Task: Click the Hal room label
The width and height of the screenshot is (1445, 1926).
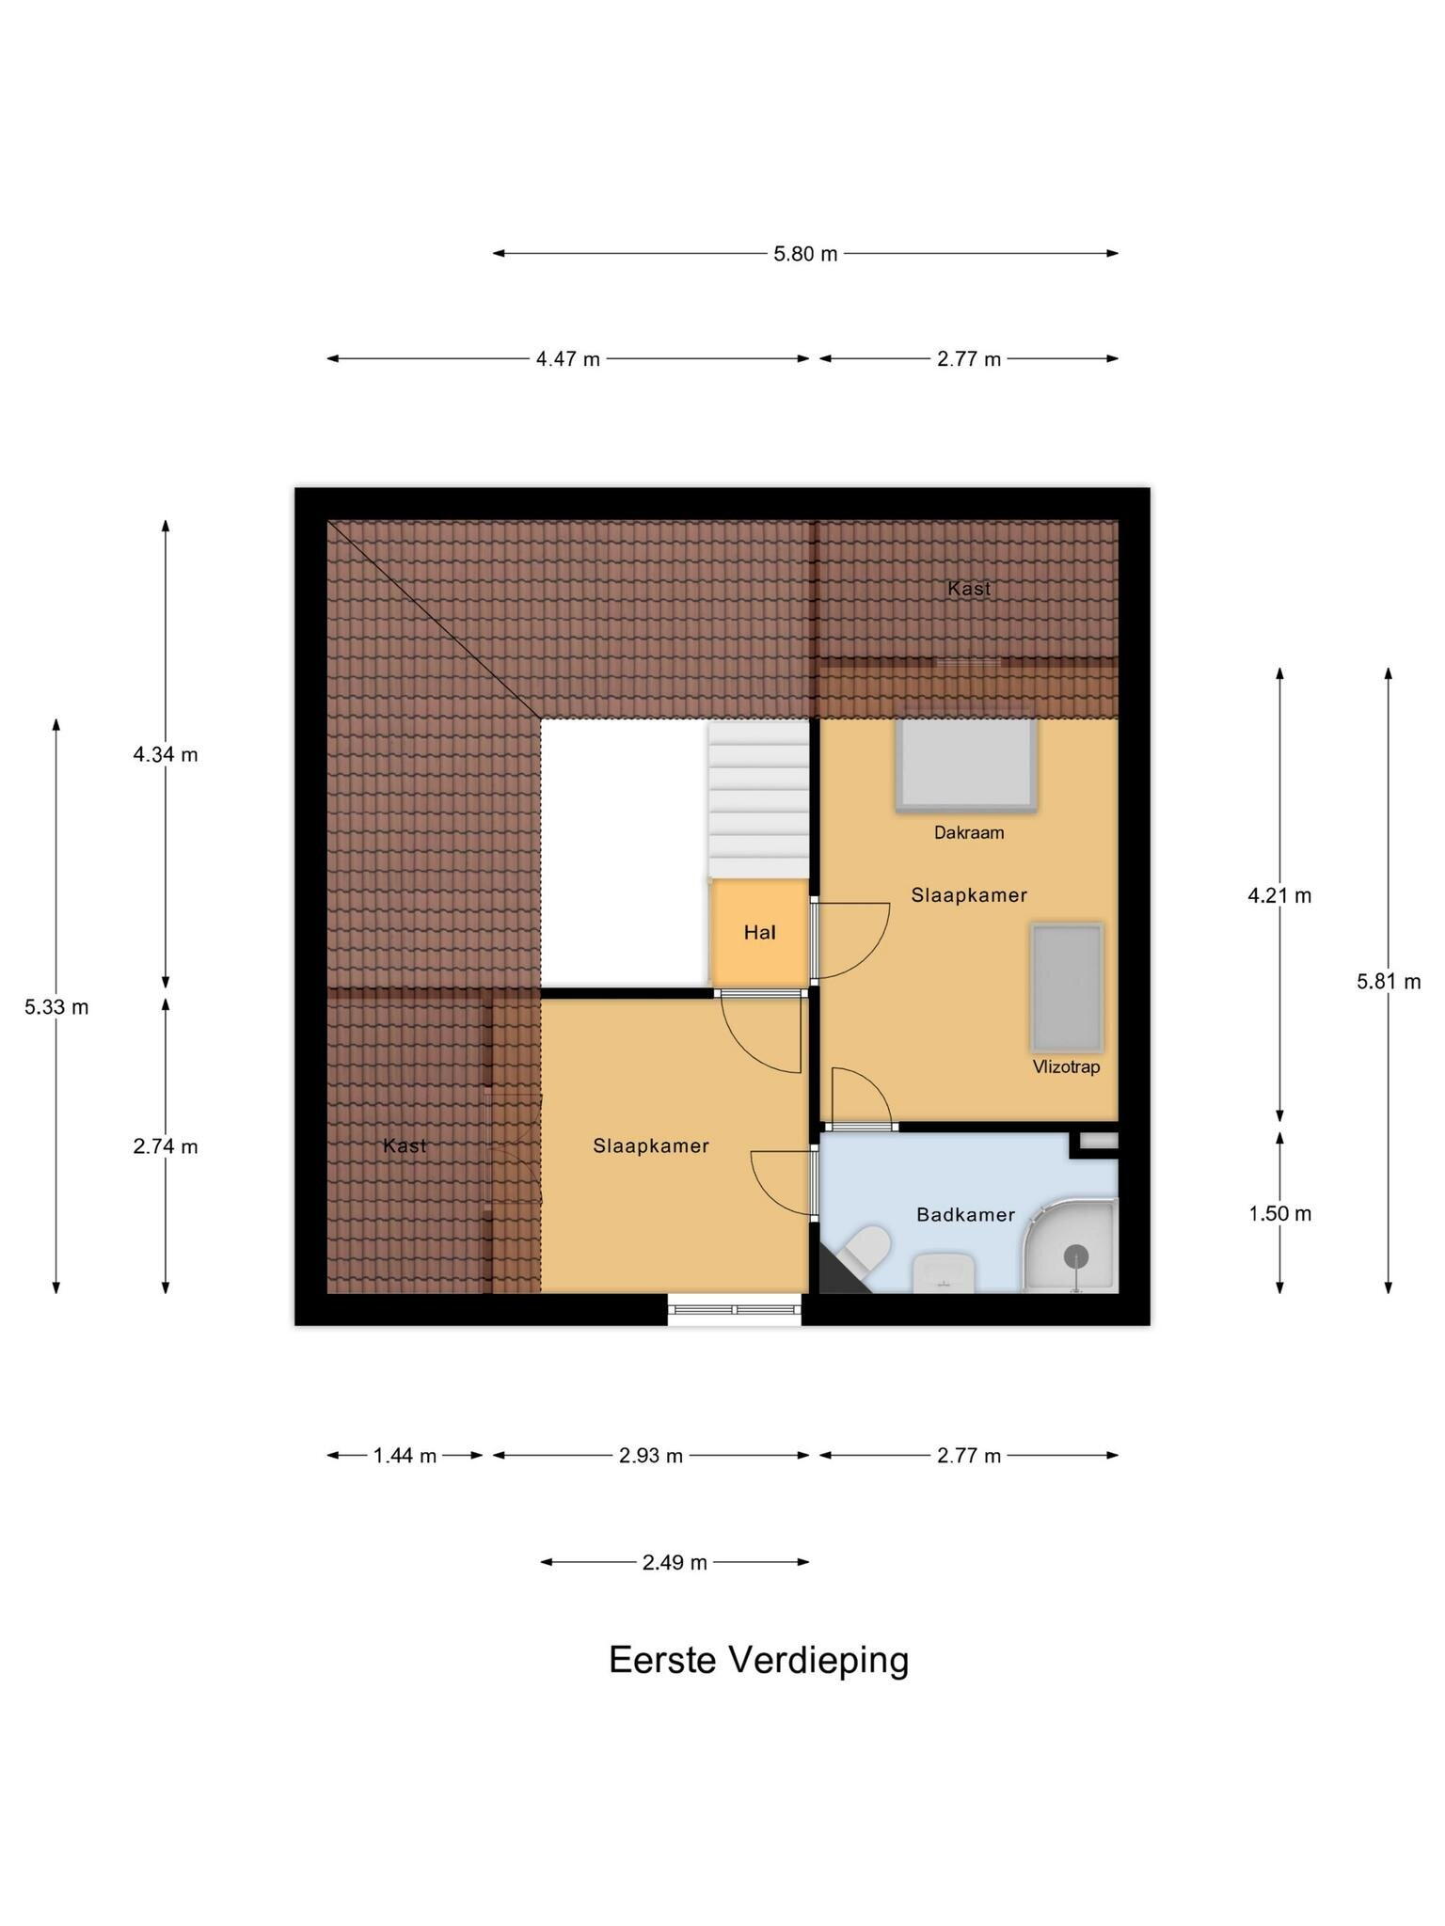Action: pos(759,932)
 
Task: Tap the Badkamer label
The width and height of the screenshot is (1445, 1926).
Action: pos(965,1214)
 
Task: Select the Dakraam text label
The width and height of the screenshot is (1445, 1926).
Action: pos(968,832)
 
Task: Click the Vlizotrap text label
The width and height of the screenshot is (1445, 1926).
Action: pos(1066,1067)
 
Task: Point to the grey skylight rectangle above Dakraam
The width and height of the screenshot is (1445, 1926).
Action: pos(967,765)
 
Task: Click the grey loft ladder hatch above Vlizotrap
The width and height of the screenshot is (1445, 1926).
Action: pos(1066,987)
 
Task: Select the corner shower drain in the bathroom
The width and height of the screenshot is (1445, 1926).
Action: pos(1075,1255)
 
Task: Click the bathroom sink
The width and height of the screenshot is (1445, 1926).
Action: pos(944,1272)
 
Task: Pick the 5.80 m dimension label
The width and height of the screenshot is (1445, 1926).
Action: pos(805,254)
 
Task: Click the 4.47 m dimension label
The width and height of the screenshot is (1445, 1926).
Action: pos(568,359)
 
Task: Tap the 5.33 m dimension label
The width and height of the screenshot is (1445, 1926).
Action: pos(56,1007)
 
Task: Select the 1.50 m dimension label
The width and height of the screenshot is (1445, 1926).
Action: pos(1279,1214)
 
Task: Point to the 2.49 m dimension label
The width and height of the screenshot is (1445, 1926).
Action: pos(675,1563)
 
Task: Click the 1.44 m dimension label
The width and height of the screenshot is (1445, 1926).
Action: pos(405,1456)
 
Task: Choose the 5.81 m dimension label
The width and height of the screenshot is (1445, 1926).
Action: pos(1389,982)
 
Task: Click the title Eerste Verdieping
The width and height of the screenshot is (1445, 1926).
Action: pos(759,1661)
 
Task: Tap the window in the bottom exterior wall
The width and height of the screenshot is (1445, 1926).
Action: pos(735,1308)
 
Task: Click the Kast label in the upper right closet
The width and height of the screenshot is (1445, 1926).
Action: pos(969,589)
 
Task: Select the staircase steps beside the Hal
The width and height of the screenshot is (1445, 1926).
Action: pos(758,798)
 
